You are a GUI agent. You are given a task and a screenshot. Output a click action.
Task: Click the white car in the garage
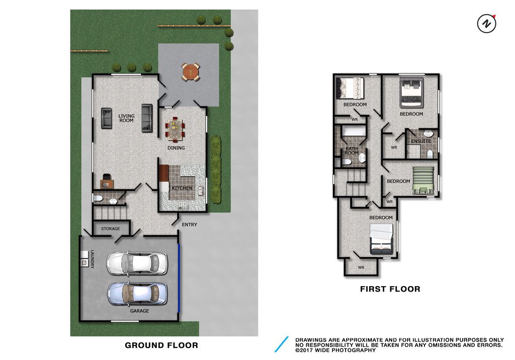tap(137, 263)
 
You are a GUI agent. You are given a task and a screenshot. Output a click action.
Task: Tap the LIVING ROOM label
tap(126, 118)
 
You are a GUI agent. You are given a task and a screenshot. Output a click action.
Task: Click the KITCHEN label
tap(182, 188)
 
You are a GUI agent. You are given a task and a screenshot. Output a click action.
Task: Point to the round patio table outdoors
tap(191, 71)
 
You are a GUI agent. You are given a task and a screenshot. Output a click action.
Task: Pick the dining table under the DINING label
tap(175, 128)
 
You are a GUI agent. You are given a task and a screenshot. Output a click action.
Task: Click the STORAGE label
tap(110, 229)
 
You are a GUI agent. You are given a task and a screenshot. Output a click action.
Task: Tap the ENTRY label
tap(190, 225)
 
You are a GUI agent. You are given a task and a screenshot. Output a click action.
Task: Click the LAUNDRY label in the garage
tap(93, 259)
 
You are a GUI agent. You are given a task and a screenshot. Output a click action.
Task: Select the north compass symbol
tap(487, 24)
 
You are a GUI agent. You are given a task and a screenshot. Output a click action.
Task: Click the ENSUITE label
tap(421, 141)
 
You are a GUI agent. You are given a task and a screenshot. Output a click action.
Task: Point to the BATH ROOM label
tap(352, 151)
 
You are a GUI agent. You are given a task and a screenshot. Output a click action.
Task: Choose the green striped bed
tap(423, 180)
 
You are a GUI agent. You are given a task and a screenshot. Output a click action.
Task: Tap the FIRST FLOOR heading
tap(390, 289)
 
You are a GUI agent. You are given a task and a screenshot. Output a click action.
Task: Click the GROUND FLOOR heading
tap(161, 345)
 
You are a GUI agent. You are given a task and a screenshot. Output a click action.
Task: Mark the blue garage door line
tap(179, 278)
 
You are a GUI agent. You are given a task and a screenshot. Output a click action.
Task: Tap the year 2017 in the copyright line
tap(305, 350)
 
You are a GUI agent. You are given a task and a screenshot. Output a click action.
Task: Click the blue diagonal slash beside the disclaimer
tap(282, 344)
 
